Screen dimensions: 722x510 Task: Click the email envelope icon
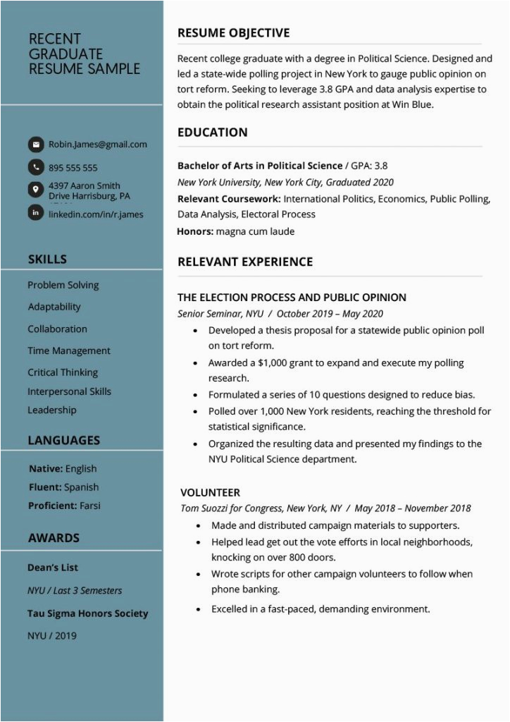coord(35,145)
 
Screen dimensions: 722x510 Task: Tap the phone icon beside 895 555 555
coord(35,167)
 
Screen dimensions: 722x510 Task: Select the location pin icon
coord(35,190)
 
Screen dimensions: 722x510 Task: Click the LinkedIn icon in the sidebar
coord(35,212)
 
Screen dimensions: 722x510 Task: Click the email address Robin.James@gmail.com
coord(97,145)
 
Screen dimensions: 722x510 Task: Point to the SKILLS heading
coord(47,259)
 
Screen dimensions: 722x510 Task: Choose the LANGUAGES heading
coord(63,440)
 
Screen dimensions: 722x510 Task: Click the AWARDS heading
coord(54,537)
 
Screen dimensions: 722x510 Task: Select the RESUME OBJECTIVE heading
coord(233,33)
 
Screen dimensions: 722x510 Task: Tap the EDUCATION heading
coord(212,132)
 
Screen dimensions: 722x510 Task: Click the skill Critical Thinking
coord(63,372)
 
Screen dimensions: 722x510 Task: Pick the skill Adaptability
coord(54,307)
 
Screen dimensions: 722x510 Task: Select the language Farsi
coord(90,506)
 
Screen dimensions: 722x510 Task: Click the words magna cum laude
coord(255,231)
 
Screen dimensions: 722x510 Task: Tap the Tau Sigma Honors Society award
coord(87,613)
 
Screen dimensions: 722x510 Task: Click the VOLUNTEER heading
coord(210,492)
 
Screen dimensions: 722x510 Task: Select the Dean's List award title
coord(53,568)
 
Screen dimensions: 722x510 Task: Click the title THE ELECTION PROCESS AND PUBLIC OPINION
coord(292,298)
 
